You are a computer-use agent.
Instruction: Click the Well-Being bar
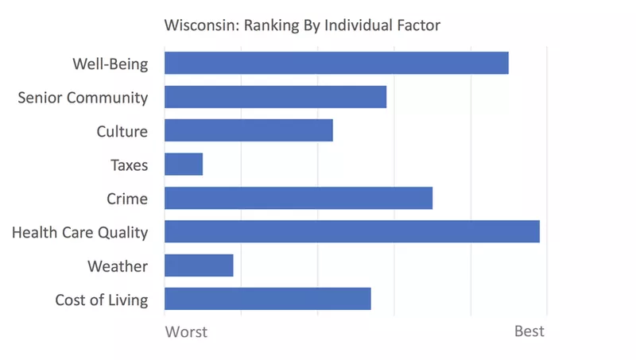click(x=336, y=63)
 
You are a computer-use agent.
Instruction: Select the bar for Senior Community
click(x=275, y=97)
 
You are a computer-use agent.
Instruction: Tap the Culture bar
click(x=248, y=130)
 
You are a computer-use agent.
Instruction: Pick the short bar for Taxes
click(x=184, y=165)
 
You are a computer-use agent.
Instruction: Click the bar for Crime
click(x=298, y=198)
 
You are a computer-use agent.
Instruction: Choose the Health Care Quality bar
click(x=351, y=232)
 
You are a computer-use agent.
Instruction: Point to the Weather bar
click(x=199, y=265)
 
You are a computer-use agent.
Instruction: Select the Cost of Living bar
click(x=267, y=300)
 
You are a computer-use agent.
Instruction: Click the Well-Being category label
click(x=111, y=64)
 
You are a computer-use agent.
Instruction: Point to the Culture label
click(x=122, y=131)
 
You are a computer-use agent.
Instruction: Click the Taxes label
click(x=129, y=165)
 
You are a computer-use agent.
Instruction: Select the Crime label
click(x=127, y=199)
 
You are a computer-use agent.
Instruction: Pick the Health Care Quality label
click(x=79, y=233)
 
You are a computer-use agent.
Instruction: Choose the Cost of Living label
click(x=101, y=300)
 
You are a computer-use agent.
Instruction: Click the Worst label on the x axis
click(x=186, y=331)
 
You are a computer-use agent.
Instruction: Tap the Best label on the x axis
click(x=529, y=331)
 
